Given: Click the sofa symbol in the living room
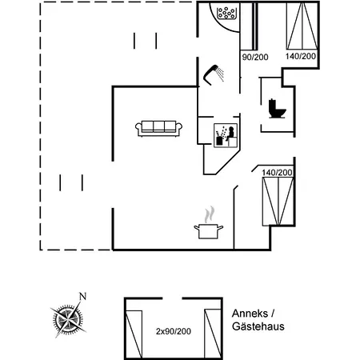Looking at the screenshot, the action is [x=158, y=128].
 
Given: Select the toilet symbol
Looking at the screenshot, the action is [x=277, y=109].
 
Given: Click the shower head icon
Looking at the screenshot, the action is [x=214, y=74].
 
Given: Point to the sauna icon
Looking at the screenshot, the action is [x=226, y=135].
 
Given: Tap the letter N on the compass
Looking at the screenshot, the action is [x=83, y=296].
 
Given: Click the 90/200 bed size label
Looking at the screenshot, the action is [x=255, y=57].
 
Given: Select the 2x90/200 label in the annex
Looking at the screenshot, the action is [x=174, y=331].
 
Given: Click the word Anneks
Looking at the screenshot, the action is [x=250, y=314].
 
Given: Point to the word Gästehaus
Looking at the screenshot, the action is [x=258, y=326].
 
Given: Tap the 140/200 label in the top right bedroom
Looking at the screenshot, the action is [x=301, y=56].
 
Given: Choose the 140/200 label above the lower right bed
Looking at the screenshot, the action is [x=277, y=173].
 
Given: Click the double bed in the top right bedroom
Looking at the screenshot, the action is [x=302, y=26].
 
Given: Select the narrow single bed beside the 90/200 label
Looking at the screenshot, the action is [x=247, y=26].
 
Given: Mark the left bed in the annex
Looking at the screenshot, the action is [x=134, y=334].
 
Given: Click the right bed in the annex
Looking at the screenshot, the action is [x=213, y=334].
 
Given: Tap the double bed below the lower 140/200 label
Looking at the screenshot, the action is [x=278, y=202].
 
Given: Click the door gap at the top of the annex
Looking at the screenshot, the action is [x=172, y=298].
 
